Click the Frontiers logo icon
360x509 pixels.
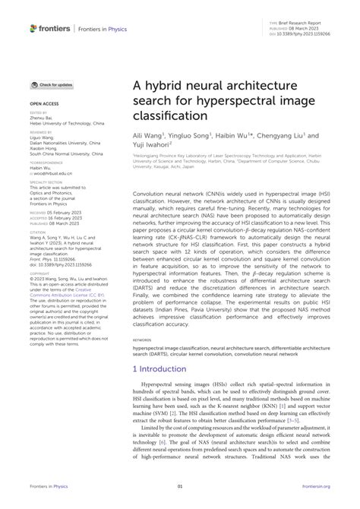pyautogui.click(x=33, y=28)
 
